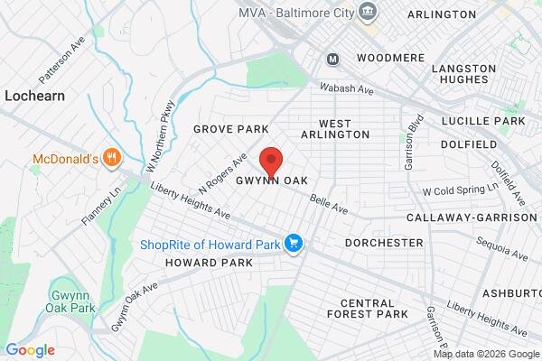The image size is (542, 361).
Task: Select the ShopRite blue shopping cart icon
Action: click(293, 244)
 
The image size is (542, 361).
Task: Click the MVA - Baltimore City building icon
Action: click(368, 12)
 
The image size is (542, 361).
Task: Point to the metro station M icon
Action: click(333, 59)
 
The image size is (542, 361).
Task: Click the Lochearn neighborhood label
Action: click(32, 94)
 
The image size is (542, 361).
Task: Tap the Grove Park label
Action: click(231, 130)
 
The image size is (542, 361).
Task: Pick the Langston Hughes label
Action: click(464, 75)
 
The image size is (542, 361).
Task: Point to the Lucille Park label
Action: click(483, 120)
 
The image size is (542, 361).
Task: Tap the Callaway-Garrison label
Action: click(471, 218)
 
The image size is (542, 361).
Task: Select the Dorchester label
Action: click(384, 243)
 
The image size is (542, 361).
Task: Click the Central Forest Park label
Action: click(368, 309)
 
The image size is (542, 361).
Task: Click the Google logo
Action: click(31, 350)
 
